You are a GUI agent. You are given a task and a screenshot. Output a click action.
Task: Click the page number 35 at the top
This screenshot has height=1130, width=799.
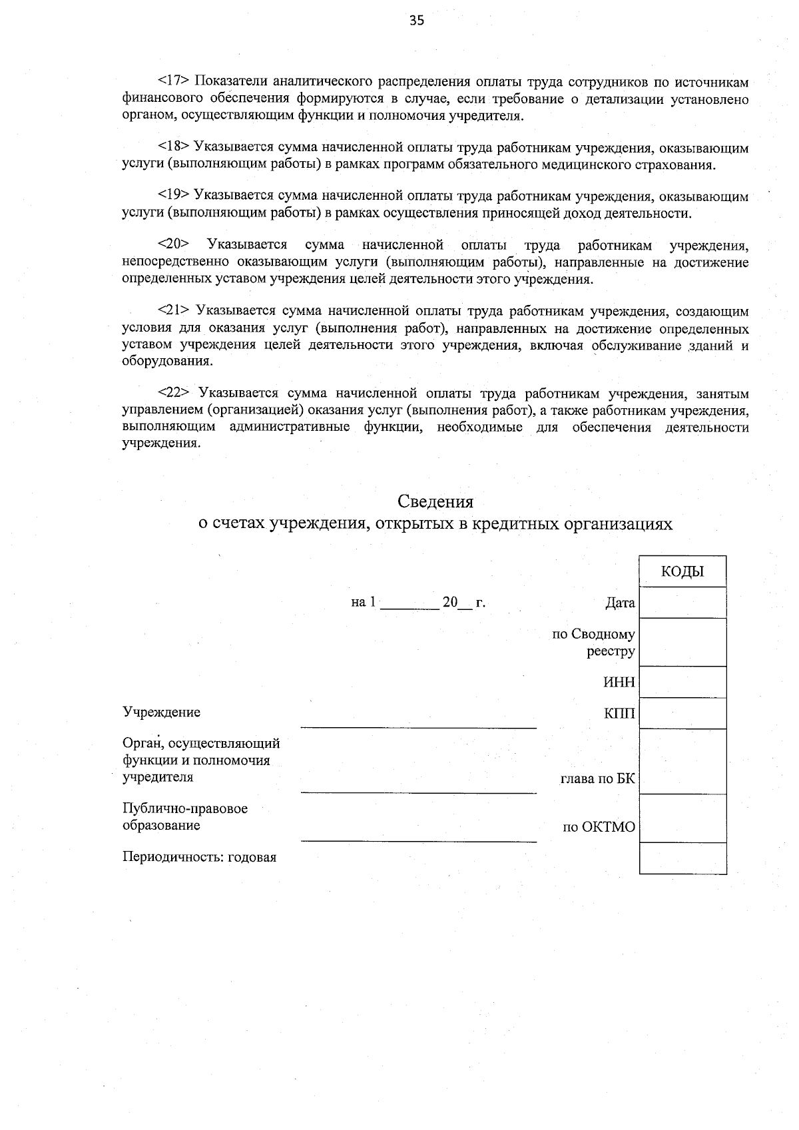(416, 21)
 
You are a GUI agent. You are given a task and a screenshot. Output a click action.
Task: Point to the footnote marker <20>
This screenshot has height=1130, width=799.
(174, 245)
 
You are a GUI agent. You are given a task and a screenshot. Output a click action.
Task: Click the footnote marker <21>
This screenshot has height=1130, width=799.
(174, 312)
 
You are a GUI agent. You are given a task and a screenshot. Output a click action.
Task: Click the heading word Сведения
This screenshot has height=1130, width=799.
(435, 501)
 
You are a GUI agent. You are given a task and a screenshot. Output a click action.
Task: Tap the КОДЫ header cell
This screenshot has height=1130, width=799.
(682, 571)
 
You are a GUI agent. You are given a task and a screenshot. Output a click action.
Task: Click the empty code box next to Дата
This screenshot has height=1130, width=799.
(682, 603)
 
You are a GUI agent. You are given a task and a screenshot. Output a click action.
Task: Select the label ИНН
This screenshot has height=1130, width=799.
(619, 683)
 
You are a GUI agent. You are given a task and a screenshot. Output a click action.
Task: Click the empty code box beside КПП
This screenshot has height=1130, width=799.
(682, 714)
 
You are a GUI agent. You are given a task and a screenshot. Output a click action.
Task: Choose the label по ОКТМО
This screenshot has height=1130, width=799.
(599, 828)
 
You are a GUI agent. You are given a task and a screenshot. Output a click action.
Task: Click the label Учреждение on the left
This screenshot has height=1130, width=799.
(161, 712)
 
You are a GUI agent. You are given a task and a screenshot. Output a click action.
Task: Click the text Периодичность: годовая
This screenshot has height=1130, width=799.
(199, 858)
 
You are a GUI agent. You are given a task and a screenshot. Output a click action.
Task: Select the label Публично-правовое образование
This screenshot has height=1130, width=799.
(184, 817)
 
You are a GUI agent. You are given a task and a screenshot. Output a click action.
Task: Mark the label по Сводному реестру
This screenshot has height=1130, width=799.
(594, 643)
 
